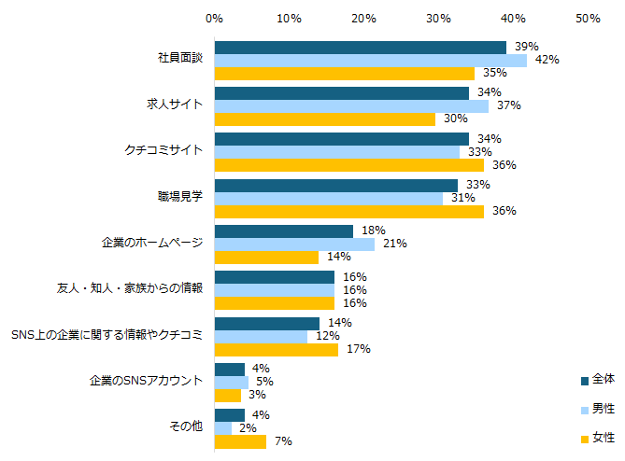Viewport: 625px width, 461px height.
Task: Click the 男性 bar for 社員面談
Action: (370, 60)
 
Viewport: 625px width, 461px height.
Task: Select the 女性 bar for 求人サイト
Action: (325, 119)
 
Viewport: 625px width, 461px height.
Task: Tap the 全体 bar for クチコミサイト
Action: (342, 139)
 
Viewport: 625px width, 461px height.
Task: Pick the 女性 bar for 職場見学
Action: (349, 211)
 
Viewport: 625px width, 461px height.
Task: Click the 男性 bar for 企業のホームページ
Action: (294, 244)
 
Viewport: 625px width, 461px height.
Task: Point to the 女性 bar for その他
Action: (240, 440)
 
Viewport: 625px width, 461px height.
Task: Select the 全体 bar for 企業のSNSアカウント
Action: (230, 369)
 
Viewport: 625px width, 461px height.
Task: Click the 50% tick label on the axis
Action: (587, 19)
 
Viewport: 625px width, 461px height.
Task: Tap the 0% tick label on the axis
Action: (214, 19)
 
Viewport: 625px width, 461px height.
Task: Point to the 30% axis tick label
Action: (438, 19)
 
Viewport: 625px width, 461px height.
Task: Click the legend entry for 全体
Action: (597, 379)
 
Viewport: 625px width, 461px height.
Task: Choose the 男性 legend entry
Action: (597, 409)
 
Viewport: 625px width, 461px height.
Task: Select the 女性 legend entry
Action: (597, 438)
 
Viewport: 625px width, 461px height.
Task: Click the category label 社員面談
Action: (180, 59)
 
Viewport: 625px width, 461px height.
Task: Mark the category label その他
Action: (186, 426)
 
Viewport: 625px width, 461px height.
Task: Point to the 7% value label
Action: (279, 440)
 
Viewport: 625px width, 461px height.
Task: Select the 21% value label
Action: (393, 244)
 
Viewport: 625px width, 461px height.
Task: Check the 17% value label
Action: (358, 349)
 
